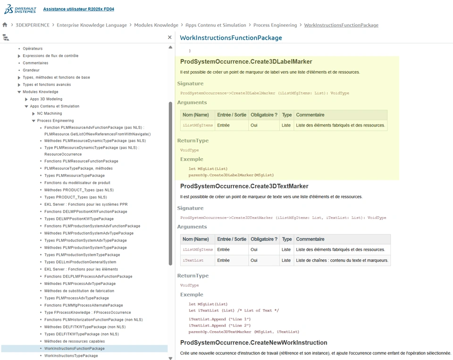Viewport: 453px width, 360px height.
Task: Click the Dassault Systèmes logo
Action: pyautogui.click(x=20, y=9)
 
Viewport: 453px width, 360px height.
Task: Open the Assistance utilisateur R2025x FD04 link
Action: pyautogui.click(x=78, y=9)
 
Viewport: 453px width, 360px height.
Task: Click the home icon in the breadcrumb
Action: pyautogui.click(x=5, y=25)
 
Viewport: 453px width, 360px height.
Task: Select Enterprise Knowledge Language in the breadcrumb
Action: pyautogui.click(x=92, y=25)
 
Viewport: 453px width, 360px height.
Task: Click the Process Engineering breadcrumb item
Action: pyautogui.click(x=275, y=25)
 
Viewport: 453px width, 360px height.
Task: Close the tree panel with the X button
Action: pyautogui.click(x=170, y=37)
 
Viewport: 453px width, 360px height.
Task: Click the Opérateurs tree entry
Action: pyautogui.click(x=33, y=49)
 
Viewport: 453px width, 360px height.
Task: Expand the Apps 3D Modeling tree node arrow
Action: pyautogui.click(x=26, y=100)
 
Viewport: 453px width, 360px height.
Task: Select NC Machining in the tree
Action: pyautogui.click(x=50, y=114)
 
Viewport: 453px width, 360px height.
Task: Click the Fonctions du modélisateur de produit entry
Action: pyautogui.click(x=77, y=183)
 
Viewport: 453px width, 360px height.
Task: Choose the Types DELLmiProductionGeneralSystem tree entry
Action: pyautogui.click(x=80, y=262)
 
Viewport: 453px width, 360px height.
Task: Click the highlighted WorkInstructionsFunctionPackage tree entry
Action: pyautogui.click(x=75, y=349)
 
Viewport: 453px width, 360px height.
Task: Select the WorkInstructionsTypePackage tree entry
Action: pyautogui.click(x=71, y=356)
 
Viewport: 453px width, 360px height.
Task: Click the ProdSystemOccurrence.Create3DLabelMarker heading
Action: pyautogui.click(x=246, y=62)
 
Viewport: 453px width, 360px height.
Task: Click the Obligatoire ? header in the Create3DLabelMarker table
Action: pyautogui.click(x=264, y=115)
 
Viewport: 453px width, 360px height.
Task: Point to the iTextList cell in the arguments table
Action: pyautogui.click(x=193, y=260)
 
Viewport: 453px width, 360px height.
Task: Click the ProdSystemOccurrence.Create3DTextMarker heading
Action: pyautogui.click(x=244, y=186)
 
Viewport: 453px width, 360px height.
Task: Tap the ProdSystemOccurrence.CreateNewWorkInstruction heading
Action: pyautogui.click(x=253, y=343)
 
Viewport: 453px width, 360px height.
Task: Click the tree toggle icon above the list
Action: pyautogui.click(x=6, y=37)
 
